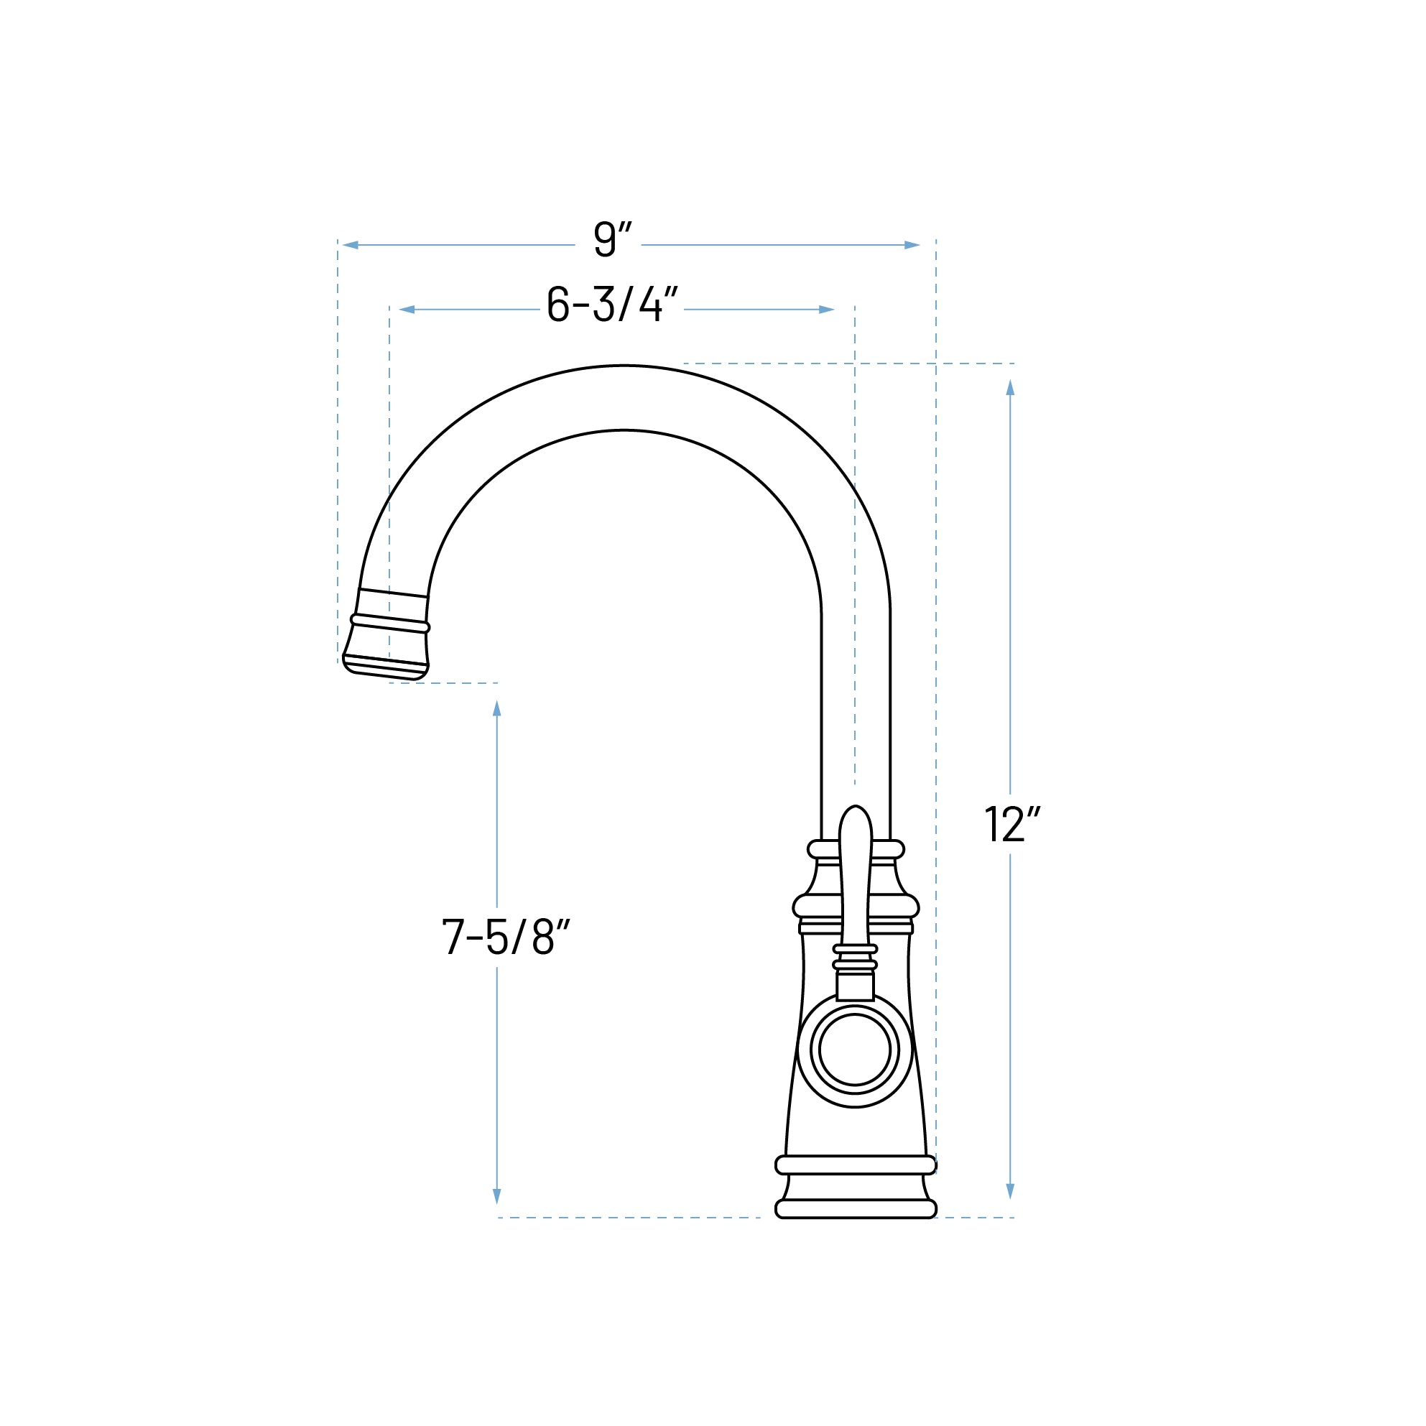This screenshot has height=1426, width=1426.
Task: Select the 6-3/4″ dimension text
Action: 612,303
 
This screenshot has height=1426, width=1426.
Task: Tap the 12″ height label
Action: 1012,825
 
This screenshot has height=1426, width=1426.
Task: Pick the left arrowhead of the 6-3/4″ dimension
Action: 407,309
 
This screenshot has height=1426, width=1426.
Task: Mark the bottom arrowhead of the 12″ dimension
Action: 1011,1190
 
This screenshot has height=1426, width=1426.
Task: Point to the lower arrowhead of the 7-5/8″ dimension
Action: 496,1195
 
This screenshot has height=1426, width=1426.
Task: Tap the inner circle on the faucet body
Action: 855,1050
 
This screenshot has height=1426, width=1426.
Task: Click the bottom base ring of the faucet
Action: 856,1208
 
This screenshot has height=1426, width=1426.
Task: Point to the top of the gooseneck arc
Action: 624,398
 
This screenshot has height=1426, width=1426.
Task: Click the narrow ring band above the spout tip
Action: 389,624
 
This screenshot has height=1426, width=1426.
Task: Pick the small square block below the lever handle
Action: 855,986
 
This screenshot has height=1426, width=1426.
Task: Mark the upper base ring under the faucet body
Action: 856,1165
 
